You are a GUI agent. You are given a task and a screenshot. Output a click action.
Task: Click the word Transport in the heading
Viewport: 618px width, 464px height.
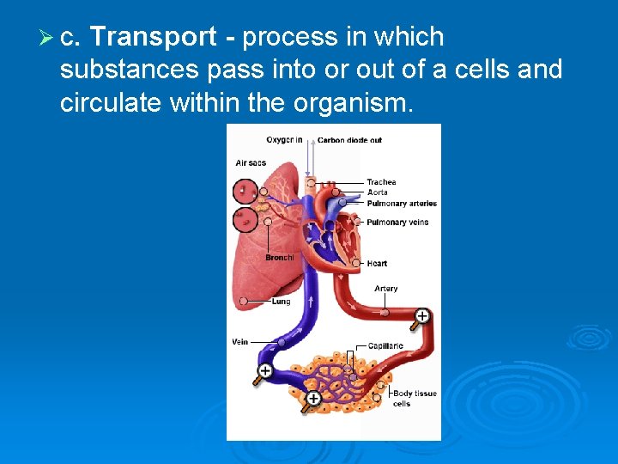click(153, 37)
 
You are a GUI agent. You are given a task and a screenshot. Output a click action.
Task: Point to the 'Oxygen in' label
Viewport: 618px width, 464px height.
click(284, 140)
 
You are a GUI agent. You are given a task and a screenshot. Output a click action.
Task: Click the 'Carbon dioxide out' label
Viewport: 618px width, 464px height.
click(349, 140)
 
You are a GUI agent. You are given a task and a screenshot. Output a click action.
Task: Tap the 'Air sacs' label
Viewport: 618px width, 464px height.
click(251, 162)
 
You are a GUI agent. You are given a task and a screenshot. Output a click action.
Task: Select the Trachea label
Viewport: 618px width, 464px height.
click(381, 182)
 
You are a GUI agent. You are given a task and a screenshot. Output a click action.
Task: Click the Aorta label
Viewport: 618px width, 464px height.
click(377, 192)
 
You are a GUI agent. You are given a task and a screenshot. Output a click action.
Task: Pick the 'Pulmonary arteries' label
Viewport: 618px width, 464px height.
click(402, 204)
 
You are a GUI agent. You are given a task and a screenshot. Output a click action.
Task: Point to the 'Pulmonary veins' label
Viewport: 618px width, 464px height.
click(397, 223)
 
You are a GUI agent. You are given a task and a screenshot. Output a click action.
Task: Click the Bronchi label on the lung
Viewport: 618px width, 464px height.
click(279, 257)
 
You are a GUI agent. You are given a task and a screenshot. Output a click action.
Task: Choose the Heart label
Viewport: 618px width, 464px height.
click(377, 264)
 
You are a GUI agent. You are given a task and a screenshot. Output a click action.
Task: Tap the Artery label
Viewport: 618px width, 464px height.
click(385, 289)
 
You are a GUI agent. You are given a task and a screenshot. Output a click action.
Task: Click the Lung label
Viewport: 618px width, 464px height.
click(281, 302)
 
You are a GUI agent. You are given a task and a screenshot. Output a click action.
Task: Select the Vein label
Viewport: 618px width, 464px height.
click(240, 342)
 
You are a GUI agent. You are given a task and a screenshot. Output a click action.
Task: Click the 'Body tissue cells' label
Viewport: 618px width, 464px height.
click(414, 399)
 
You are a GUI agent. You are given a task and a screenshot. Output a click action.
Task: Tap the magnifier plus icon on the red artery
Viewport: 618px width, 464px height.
click(421, 316)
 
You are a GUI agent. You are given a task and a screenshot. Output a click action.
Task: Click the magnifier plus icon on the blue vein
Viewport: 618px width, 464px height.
click(264, 371)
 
